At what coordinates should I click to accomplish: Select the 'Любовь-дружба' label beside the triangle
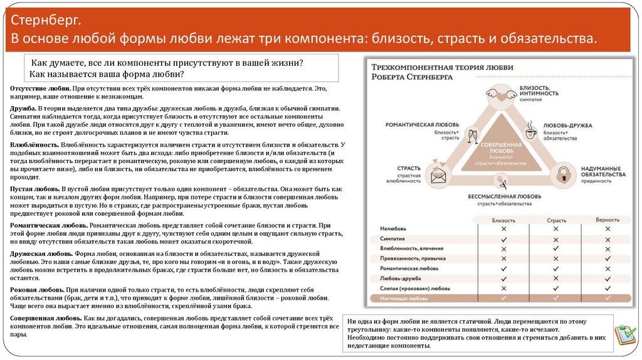click(567, 125)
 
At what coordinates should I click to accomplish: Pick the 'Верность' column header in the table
click(608, 221)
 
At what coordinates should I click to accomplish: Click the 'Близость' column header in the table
click(503, 221)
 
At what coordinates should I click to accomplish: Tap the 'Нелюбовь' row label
click(393, 230)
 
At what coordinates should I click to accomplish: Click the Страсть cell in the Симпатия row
click(555, 239)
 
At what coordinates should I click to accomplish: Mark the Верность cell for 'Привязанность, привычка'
click(608, 258)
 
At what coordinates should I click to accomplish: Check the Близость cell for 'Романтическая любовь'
click(503, 268)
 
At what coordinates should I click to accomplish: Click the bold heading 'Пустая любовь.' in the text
click(34, 188)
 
